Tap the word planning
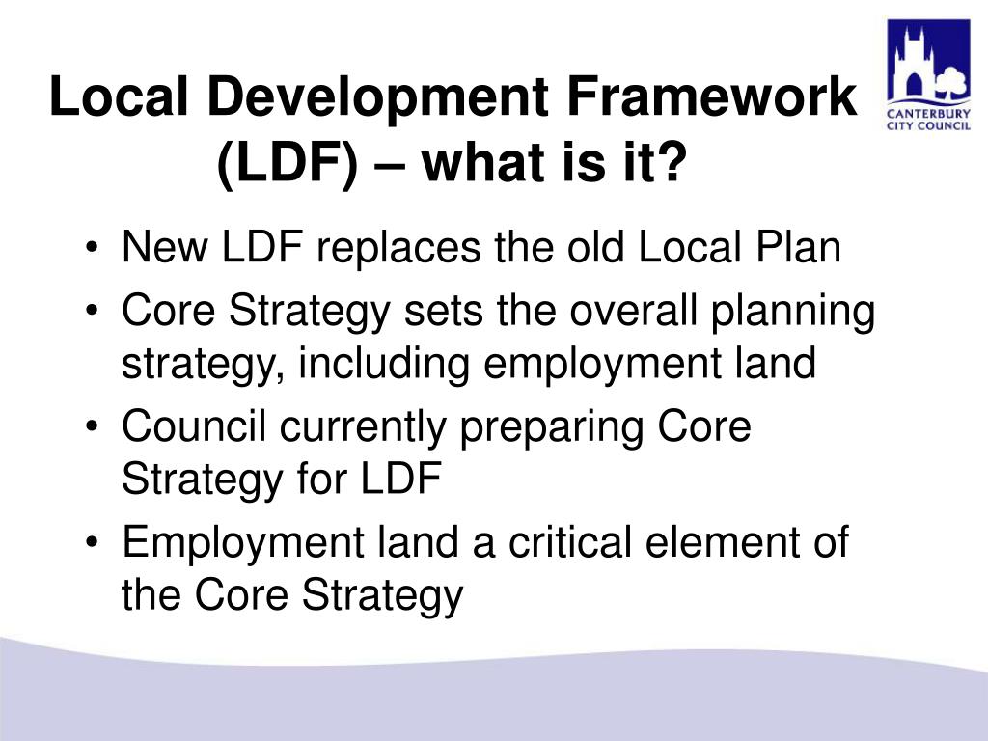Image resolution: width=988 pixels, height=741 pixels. (x=792, y=314)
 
